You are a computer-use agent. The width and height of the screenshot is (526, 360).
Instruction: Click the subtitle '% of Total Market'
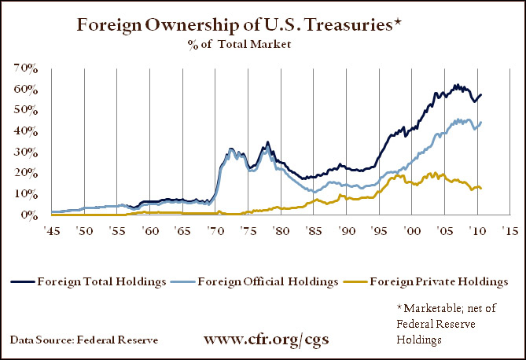pyautogui.click(x=250, y=45)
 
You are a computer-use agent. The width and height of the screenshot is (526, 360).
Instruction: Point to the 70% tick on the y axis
pyautogui.click(x=26, y=69)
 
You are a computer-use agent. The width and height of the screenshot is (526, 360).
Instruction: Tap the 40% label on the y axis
pyautogui.click(x=26, y=131)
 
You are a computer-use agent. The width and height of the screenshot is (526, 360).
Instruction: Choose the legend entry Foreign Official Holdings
pyautogui.click(x=260, y=281)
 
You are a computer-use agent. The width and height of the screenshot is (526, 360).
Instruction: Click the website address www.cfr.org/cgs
pyautogui.click(x=267, y=340)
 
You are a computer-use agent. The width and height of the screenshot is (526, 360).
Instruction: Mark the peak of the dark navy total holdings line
pyautogui.click(x=456, y=84)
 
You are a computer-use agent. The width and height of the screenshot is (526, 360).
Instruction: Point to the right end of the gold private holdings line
pyautogui.click(x=481, y=188)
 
